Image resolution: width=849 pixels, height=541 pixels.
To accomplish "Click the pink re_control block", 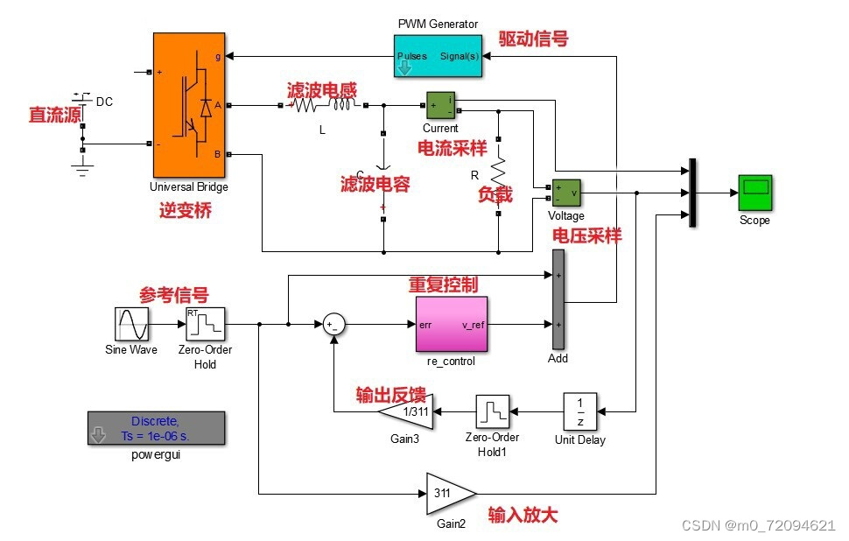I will [x=450, y=324].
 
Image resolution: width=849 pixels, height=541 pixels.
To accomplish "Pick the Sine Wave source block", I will [x=135, y=324].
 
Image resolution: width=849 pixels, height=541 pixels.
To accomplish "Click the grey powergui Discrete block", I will [x=157, y=427].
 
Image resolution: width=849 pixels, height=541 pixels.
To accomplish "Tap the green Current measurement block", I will [x=440, y=105].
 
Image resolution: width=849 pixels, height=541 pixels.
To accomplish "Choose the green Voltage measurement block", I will [x=565, y=193].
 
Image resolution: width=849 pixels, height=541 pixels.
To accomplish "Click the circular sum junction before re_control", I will [x=333, y=324].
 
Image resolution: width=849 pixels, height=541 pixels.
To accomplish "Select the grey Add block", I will [x=558, y=298].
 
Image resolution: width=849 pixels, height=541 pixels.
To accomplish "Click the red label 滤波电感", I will [x=322, y=90].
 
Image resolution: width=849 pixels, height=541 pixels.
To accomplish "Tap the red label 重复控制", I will [x=444, y=285].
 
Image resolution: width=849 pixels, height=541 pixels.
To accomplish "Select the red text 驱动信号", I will [x=533, y=39].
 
